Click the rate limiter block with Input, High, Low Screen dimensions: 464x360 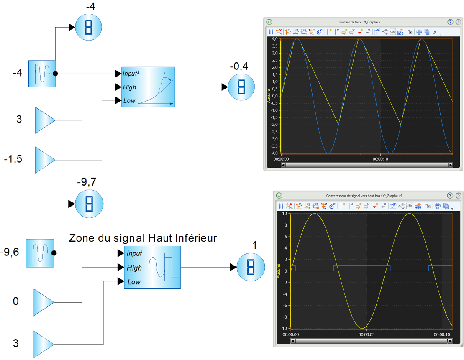click(x=148, y=87)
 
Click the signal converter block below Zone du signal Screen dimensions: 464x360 click(x=152, y=267)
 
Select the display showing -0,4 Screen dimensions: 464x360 click(x=241, y=87)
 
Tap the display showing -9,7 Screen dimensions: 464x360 click(x=89, y=204)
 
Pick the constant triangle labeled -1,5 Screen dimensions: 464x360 click(x=45, y=160)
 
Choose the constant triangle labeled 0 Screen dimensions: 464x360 click(x=43, y=302)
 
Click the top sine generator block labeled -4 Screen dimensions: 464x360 click(x=42, y=74)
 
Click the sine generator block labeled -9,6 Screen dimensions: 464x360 click(x=40, y=253)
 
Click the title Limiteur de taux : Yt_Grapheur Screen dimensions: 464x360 click(x=359, y=22)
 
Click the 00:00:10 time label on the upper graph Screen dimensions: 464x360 click(x=380, y=159)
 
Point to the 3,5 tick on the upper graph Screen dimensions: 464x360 click(x=275, y=46)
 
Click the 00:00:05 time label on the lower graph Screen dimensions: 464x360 click(x=367, y=334)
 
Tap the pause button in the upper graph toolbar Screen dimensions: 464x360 click(x=271, y=32)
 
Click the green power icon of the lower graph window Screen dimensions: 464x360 click(x=279, y=196)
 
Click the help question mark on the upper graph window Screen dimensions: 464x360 click(x=450, y=22)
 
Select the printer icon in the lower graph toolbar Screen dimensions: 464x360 click(x=438, y=206)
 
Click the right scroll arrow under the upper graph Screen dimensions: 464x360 click(x=450, y=165)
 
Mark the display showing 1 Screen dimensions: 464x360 click(x=251, y=267)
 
